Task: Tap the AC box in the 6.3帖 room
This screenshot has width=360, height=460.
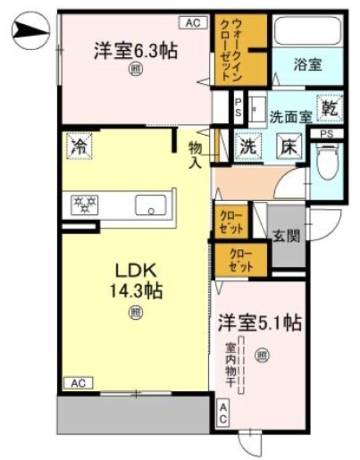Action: tap(193, 22)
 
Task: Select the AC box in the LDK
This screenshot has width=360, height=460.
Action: tap(78, 383)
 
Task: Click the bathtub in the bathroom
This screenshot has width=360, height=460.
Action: tap(308, 30)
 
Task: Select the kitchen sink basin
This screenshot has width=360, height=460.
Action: tap(151, 205)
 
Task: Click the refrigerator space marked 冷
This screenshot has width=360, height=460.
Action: tap(79, 146)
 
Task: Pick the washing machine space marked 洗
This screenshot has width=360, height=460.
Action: tap(248, 147)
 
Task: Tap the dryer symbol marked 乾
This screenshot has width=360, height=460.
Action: tap(330, 109)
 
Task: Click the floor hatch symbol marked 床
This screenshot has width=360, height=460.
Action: tap(290, 146)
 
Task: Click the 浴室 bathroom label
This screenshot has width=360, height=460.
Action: tap(308, 65)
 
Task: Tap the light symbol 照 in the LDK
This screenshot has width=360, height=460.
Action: tap(136, 313)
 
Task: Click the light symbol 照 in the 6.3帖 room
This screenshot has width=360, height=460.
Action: tap(136, 70)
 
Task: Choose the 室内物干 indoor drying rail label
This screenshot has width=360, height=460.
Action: tap(231, 365)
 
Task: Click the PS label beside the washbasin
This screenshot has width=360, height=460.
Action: tap(238, 108)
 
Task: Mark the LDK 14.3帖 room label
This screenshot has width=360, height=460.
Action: tap(136, 281)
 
